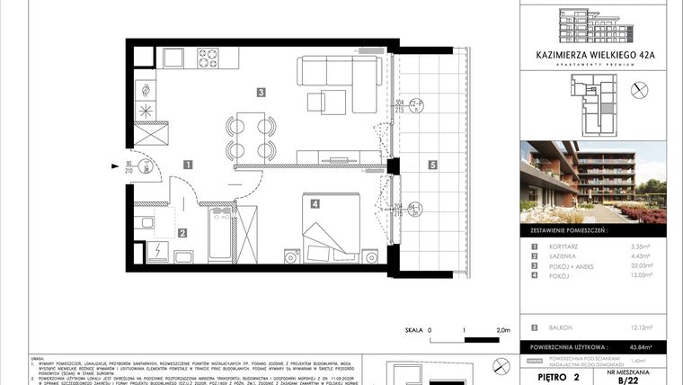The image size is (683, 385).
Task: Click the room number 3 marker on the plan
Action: [260, 91]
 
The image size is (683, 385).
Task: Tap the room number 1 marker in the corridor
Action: [187, 165]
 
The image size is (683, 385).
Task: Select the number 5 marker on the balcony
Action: [432, 165]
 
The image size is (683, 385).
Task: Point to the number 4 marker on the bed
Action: [315, 204]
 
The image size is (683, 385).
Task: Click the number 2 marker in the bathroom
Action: [182, 233]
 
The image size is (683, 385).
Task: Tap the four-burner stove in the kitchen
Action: [208, 59]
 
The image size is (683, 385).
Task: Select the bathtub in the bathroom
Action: [220, 236]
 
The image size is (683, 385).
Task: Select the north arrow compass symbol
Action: [641, 89]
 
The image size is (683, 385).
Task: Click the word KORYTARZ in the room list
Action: [556, 246]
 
